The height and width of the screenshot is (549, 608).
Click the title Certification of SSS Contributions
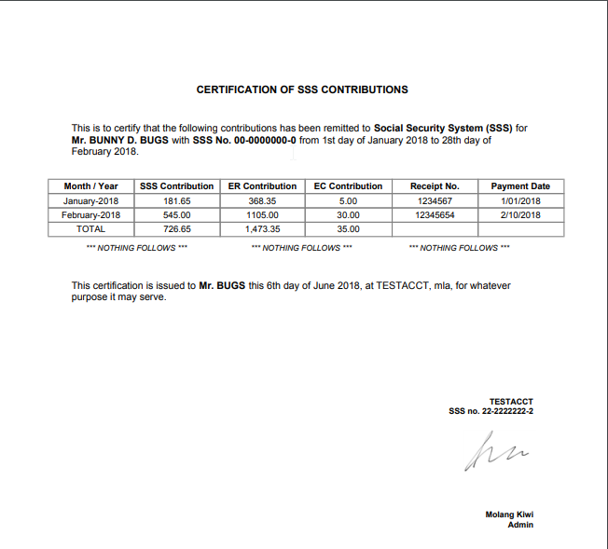(x=302, y=89)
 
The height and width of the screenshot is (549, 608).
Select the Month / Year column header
(x=91, y=186)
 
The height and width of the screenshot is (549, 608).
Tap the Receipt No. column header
(x=435, y=186)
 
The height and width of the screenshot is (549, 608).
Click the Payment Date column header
(x=520, y=186)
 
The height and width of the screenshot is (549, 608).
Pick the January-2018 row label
(x=91, y=200)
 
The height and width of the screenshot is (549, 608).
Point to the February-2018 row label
(x=91, y=214)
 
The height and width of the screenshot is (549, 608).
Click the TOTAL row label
(x=91, y=228)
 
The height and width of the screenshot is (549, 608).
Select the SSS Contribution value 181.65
(x=177, y=200)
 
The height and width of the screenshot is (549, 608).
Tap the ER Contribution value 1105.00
(x=262, y=214)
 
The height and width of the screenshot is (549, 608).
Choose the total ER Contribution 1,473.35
(x=262, y=228)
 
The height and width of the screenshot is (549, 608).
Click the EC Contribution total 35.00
(x=349, y=228)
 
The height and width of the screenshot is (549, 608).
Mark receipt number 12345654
(x=435, y=214)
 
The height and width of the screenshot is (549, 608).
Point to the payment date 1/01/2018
(x=520, y=200)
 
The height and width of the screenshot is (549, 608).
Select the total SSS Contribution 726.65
(x=177, y=228)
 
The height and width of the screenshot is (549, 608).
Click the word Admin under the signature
(x=520, y=525)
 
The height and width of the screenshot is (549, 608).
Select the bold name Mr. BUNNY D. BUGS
(x=120, y=140)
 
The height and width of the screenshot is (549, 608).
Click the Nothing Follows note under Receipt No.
(x=460, y=248)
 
